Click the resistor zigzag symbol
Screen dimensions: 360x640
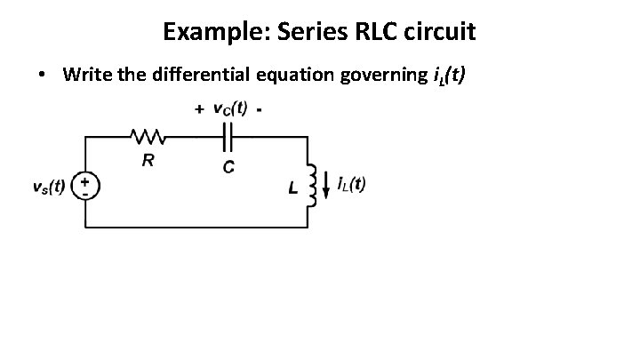pos(146,137)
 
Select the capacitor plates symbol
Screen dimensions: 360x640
pos(227,137)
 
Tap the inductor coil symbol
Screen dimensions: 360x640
pos(311,185)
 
